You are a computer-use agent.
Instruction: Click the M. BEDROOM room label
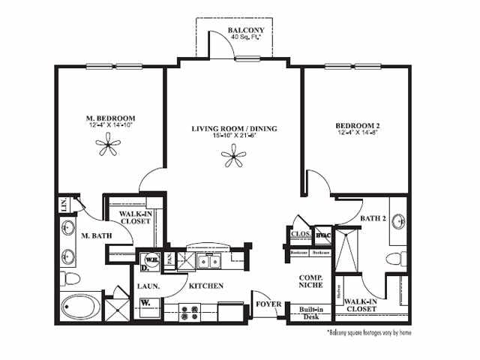coord(109,118)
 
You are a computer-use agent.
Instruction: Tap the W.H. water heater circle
coord(150,260)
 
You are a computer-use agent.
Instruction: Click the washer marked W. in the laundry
coord(145,304)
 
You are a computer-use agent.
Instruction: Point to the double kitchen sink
coord(205,261)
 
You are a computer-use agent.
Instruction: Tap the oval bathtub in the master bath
coord(78,306)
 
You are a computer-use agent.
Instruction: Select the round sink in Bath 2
coord(400,221)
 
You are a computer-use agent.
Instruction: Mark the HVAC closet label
coord(322,234)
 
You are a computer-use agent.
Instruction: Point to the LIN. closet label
coord(64,204)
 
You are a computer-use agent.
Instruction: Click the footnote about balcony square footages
coord(370,331)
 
